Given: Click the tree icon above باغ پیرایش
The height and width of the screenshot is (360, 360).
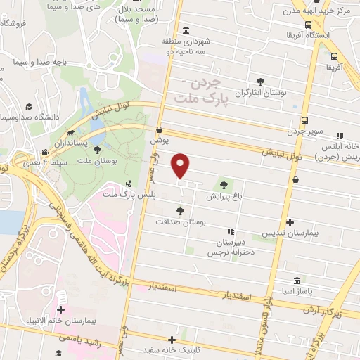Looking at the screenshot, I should click(224, 186).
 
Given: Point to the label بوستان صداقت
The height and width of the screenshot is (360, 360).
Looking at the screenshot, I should click(181, 221).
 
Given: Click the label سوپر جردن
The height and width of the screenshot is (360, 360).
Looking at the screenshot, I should click(307, 131).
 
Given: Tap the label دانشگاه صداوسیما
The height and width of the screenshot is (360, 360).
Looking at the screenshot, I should click(31, 115).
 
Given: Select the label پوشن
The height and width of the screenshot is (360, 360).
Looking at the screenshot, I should click(160, 141).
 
